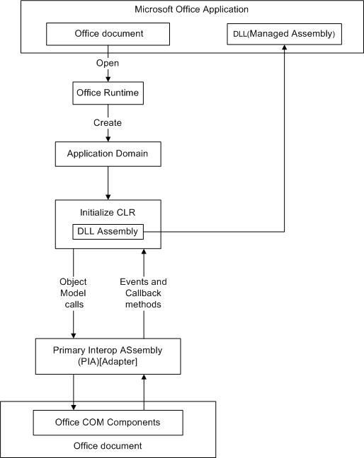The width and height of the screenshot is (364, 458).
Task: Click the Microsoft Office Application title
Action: pyautogui.click(x=191, y=9)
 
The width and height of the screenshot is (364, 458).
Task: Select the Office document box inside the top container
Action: pyautogui.click(x=108, y=34)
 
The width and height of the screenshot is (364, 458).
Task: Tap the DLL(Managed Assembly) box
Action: pyautogui.click(x=285, y=34)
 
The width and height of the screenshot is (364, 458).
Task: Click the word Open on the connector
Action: pyautogui.click(x=108, y=63)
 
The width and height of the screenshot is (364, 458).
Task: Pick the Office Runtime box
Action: pyautogui.click(x=108, y=93)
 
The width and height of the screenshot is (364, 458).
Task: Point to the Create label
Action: pyautogui.click(x=108, y=123)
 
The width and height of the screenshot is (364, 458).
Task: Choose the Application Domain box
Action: pyautogui.click(x=108, y=154)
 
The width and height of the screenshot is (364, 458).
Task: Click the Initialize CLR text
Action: pyautogui.click(x=108, y=212)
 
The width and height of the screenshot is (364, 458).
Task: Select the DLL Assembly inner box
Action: pyautogui.click(x=108, y=232)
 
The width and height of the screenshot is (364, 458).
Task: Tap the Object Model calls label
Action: pyautogui.click(x=73, y=293)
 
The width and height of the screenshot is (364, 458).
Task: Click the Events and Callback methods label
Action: pyautogui.click(x=143, y=293)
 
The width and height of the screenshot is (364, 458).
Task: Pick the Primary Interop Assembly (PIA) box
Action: pyautogui.click(x=108, y=356)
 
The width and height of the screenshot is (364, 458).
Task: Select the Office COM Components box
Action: pyautogui.click(x=108, y=423)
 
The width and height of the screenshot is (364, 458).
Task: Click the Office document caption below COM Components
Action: pyautogui.click(x=108, y=446)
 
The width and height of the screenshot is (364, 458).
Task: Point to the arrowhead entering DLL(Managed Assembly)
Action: pyautogui.click(x=285, y=47)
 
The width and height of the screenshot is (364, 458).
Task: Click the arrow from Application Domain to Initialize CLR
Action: pyautogui.click(x=108, y=183)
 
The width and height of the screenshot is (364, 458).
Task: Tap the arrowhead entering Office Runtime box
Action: pyautogui.click(x=108, y=79)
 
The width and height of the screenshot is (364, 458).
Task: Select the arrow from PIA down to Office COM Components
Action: pyautogui.click(x=74, y=392)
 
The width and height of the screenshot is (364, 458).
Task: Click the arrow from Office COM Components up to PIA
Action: pyautogui.click(x=144, y=392)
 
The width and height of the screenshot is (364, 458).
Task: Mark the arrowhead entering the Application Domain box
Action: pyautogui.click(x=108, y=139)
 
